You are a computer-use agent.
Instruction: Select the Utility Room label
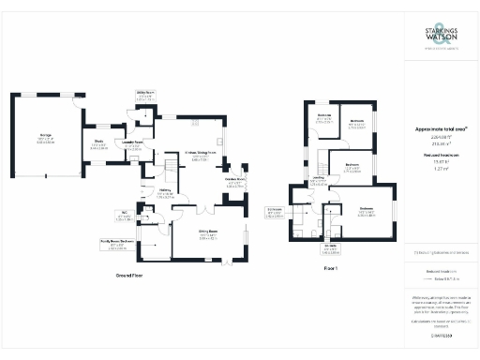click(x=144, y=94)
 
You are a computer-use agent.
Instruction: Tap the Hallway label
click(x=164, y=193)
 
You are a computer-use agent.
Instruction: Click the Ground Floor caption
click(x=129, y=277)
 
